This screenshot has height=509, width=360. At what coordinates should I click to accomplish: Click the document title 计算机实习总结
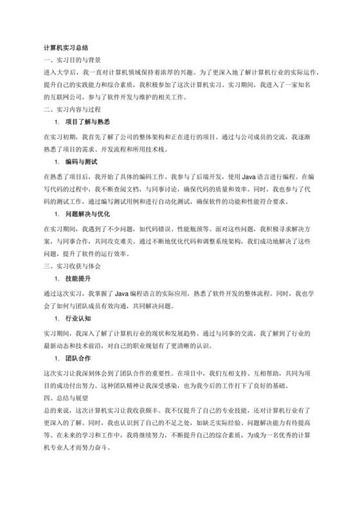coord(66,48)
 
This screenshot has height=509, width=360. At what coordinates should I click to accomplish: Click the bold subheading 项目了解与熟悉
coord(87,121)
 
